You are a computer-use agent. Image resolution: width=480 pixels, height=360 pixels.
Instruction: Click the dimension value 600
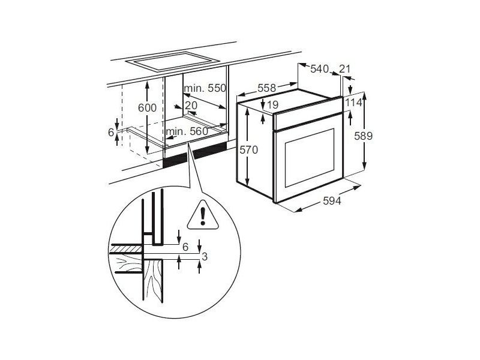[146, 108]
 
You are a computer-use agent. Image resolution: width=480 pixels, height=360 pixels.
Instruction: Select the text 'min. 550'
[205, 88]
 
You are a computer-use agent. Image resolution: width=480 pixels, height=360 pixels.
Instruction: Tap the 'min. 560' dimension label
[187, 131]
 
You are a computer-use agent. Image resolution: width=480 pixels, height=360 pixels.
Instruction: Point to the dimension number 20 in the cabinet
[191, 106]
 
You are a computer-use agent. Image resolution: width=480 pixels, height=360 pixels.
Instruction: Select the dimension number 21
[344, 69]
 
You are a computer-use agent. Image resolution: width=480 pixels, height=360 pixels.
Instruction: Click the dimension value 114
[355, 103]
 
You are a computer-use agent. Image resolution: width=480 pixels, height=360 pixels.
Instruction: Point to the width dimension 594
[332, 202]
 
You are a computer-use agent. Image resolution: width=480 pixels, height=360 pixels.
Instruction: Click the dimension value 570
[248, 150]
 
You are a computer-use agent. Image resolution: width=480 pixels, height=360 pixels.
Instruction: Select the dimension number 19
[272, 105]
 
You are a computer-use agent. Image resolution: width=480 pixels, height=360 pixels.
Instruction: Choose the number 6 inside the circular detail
[185, 247]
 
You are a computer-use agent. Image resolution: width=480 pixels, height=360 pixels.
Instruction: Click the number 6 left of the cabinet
[111, 132]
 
